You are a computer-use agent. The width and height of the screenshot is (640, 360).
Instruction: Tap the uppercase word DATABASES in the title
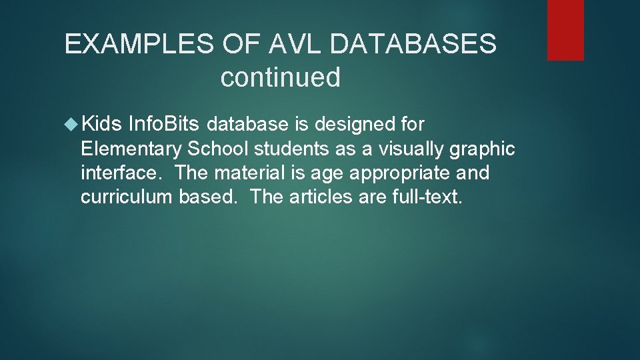pos(413,45)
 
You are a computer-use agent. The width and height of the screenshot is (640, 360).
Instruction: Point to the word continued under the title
pos(280,77)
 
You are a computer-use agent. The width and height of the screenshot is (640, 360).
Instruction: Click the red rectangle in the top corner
pos(565,30)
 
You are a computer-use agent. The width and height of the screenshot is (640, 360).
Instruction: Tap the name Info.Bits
pos(164,124)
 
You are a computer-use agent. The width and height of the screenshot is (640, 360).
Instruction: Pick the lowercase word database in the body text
pos(247,124)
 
